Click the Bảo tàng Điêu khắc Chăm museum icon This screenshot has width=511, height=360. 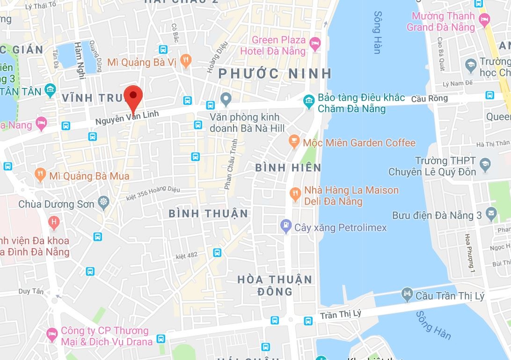[308, 100]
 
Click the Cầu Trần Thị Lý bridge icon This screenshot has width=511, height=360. [407, 294]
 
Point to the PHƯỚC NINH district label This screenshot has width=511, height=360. [275, 73]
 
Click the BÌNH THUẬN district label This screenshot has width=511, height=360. [208, 213]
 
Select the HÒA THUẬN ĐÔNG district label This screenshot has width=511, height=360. [275, 285]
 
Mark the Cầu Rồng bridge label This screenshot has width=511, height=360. [429, 98]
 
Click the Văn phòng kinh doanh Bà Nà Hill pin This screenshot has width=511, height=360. [226, 99]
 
